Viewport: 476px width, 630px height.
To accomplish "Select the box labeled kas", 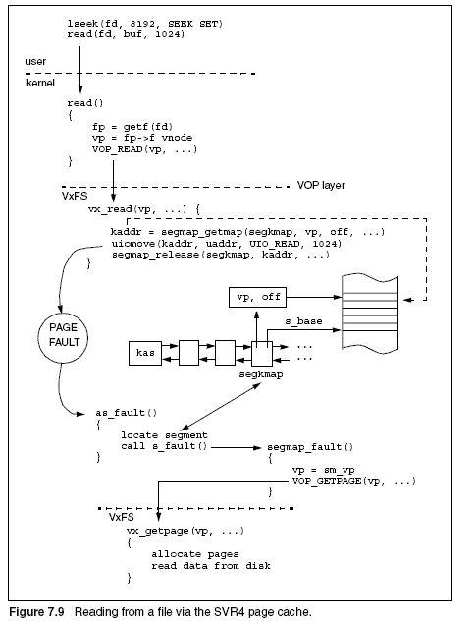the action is [145, 353].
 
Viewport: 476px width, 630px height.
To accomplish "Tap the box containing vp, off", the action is [257, 298].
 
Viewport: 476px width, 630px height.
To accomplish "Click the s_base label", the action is [303, 321].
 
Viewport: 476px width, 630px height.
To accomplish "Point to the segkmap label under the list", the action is [261, 374].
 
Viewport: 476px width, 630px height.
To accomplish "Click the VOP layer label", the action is [321, 185].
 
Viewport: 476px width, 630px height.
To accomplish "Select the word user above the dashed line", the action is [35, 62].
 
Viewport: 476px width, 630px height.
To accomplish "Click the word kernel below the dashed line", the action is [40, 83].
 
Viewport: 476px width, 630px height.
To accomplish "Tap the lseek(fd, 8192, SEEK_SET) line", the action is [145, 24].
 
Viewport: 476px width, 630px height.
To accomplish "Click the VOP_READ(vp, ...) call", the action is [144, 149].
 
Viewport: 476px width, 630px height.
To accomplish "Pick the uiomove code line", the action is [227, 244].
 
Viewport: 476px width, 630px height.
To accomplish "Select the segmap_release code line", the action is [221, 255].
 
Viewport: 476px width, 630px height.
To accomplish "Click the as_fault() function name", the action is [126, 413].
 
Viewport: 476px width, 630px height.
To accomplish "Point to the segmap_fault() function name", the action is [310, 447].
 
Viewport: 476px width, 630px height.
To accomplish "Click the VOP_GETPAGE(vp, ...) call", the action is [353, 481].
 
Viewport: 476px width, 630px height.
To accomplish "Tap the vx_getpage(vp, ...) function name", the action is [185, 531].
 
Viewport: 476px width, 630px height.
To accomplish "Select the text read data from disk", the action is [211, 566].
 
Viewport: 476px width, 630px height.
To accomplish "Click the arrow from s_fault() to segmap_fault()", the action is [237, 447].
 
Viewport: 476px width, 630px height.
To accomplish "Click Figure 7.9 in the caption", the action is [36, 612].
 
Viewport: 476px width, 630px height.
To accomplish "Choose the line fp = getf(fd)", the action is [132, 127].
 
